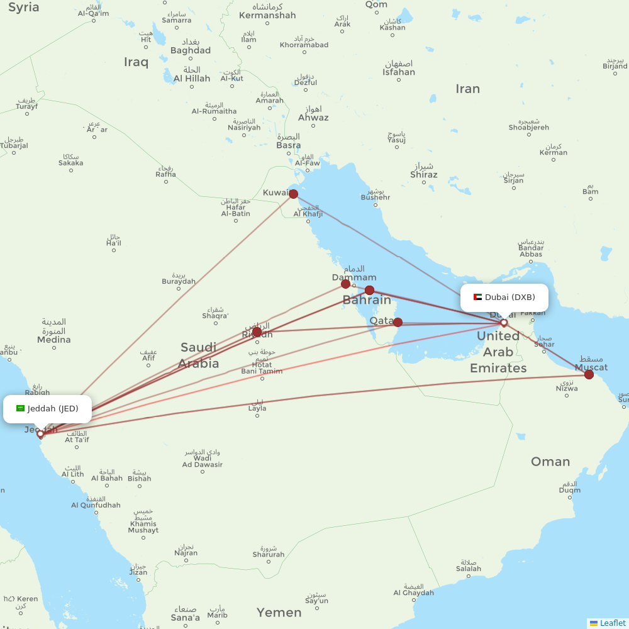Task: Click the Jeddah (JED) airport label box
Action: pyautogui.click(x=47, y=409)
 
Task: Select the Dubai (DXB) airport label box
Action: pyautogui.click(x=504, y=298)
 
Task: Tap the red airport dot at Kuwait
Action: pyautogui.click(x=293, y=194)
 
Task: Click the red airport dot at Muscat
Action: pyautogui.click(x=589, y=375)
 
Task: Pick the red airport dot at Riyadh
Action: pyautogui.click(x=257, y=331)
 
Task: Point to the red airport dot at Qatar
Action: pyautogui.click(x=398, y=322)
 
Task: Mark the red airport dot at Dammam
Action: pyautogui.click(x=345, y=284)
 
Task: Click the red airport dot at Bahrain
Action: pyautogui.click(x=369, y=290)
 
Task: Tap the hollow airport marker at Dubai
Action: pyautogui.click(x=504, y=323)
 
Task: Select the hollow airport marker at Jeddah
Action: pyautogui.click(x=40, y=433)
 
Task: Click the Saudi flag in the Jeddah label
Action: pyautogui.click(x=20, y=409)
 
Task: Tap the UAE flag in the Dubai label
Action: pyautogui.click(x=477, y=298)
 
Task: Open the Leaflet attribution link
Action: pyautogui.click(x=613, y=623)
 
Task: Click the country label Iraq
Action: pyautogui.click(x=136, y=62)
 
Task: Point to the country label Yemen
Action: pyautogui.click(x=279, y=613)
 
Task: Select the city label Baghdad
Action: pyautogui.click(x=191, y=50)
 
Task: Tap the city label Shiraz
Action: pyautogui.click(x=423, y=174)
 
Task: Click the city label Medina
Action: pyautogui.click(x=54, y=340)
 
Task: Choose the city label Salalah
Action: pyautogui.click(x=468, y=569)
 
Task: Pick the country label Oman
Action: pyautogui.click(x=550, y=462)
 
